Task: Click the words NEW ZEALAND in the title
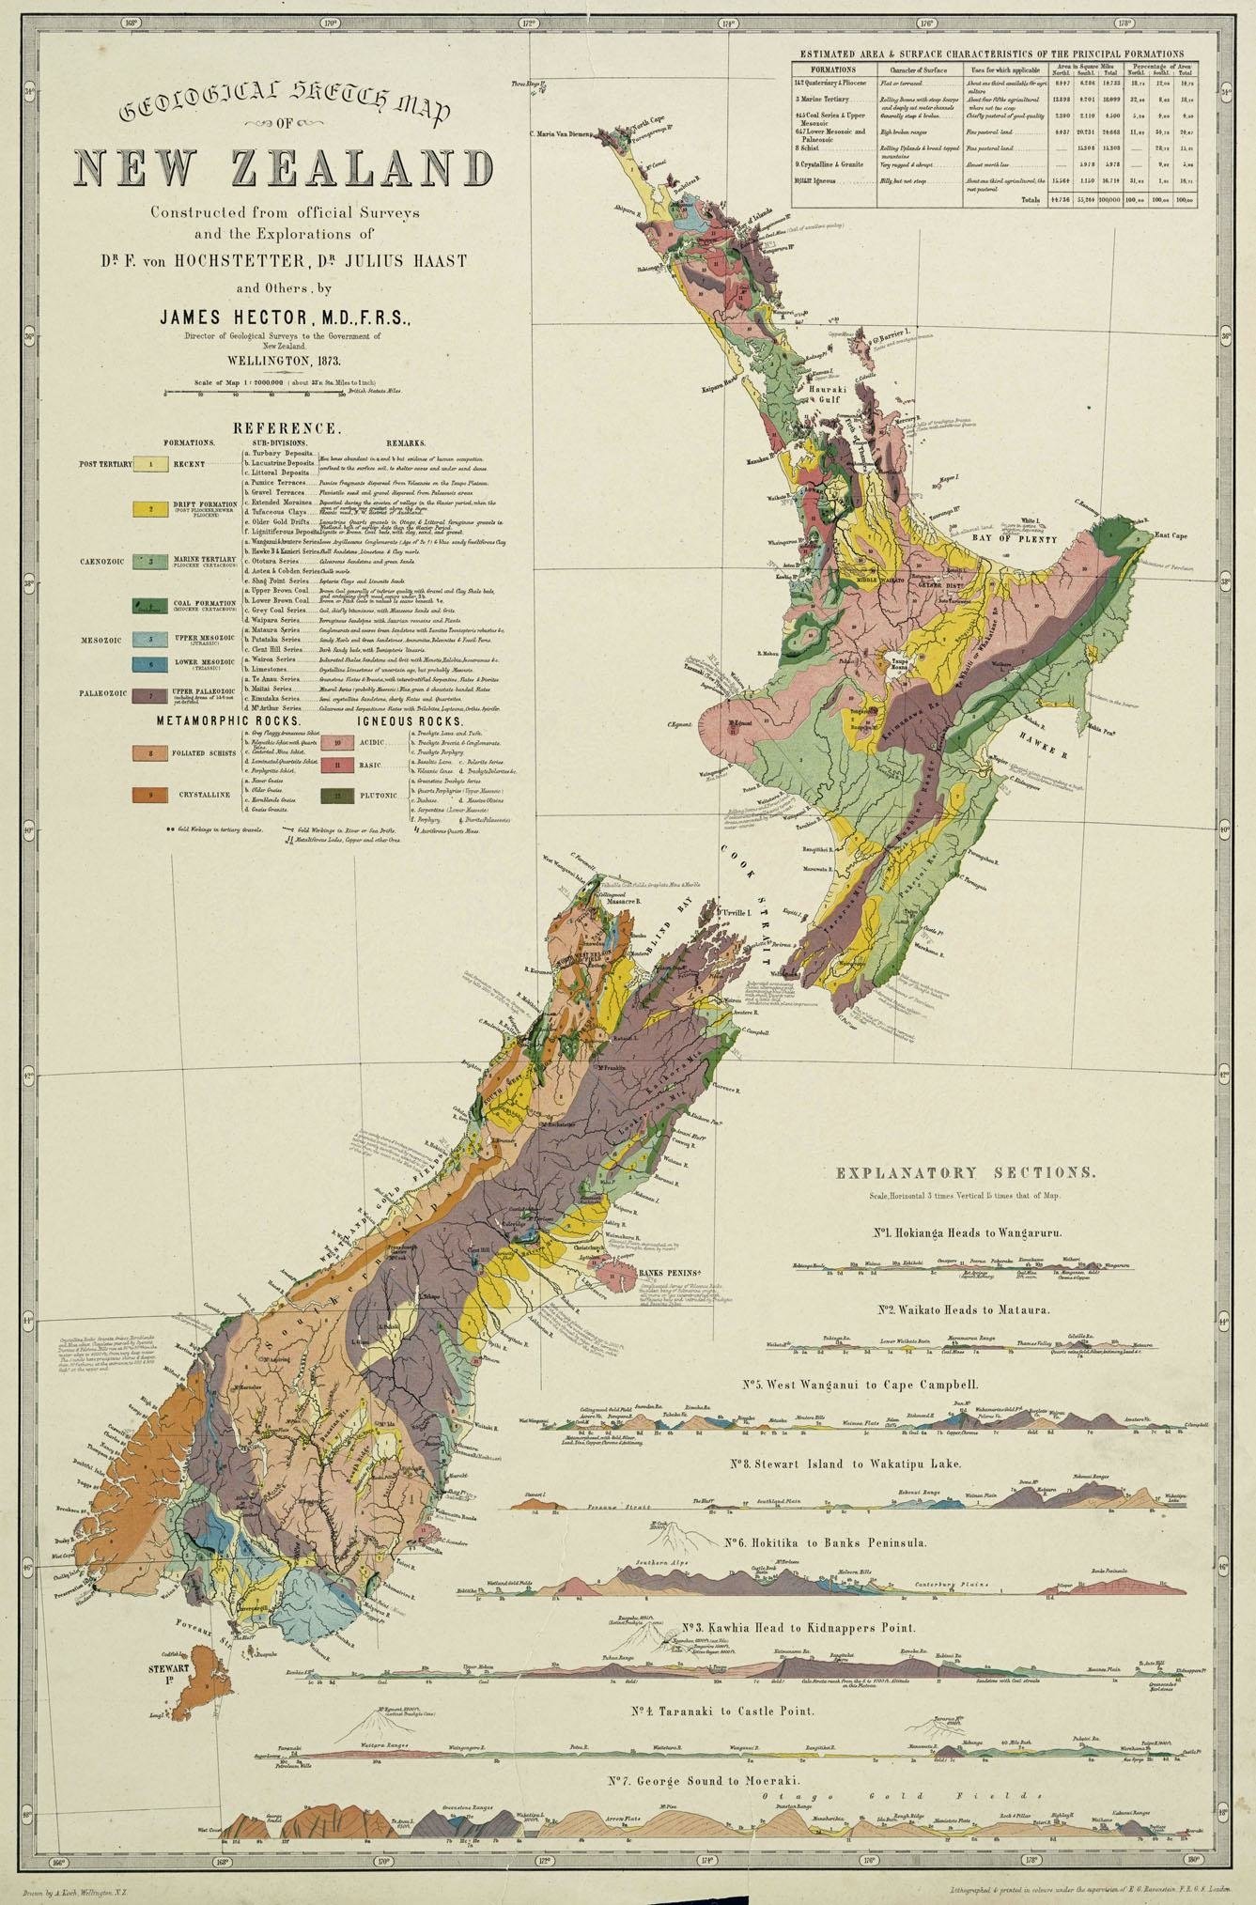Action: pyautogui.click(x=284, y=169)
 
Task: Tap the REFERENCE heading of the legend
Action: pyautogui.click(x=287, y=428)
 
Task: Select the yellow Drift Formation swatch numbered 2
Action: pyautogui.click(x=150, y=508)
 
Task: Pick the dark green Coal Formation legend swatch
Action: pyautogui.click(x=150, y=605)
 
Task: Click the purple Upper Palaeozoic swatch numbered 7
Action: pyautogui.click(x=150, y=696)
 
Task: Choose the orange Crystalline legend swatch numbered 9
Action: pyautogui.click(x=150, y=795)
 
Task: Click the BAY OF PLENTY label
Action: pyautogui.click(x=1025, y=540)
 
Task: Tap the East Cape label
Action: pyautogui.click(x=1171, y=534)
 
